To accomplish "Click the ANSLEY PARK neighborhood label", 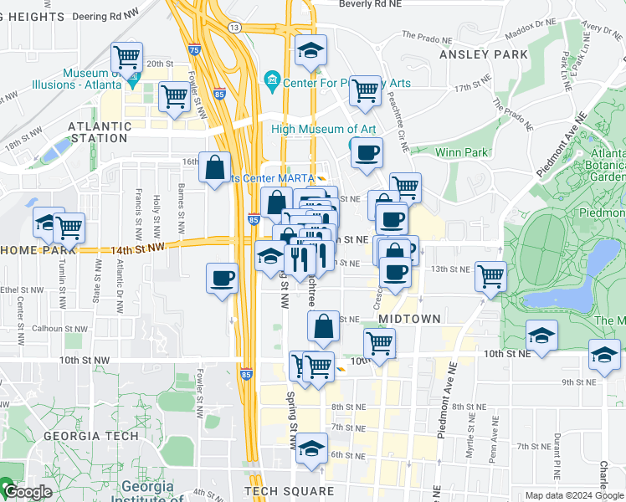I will tap(483, 54).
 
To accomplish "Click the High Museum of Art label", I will tap(323, 129).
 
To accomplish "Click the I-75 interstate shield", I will tap(194, 49).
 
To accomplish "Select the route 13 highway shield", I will tap(235, 28).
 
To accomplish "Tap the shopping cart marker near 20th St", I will tap(126, 58).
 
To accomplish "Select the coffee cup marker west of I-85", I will tap(222, 278).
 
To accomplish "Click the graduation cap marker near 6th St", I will tap(311, 449).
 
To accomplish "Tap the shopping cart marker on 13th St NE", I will tap(490, 275).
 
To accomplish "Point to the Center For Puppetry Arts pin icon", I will tap(271, 81).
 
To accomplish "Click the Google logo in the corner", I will tap(27, 492).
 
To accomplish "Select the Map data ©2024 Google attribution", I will tap(573, 495).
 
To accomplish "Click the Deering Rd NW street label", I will tap(108, 16).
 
